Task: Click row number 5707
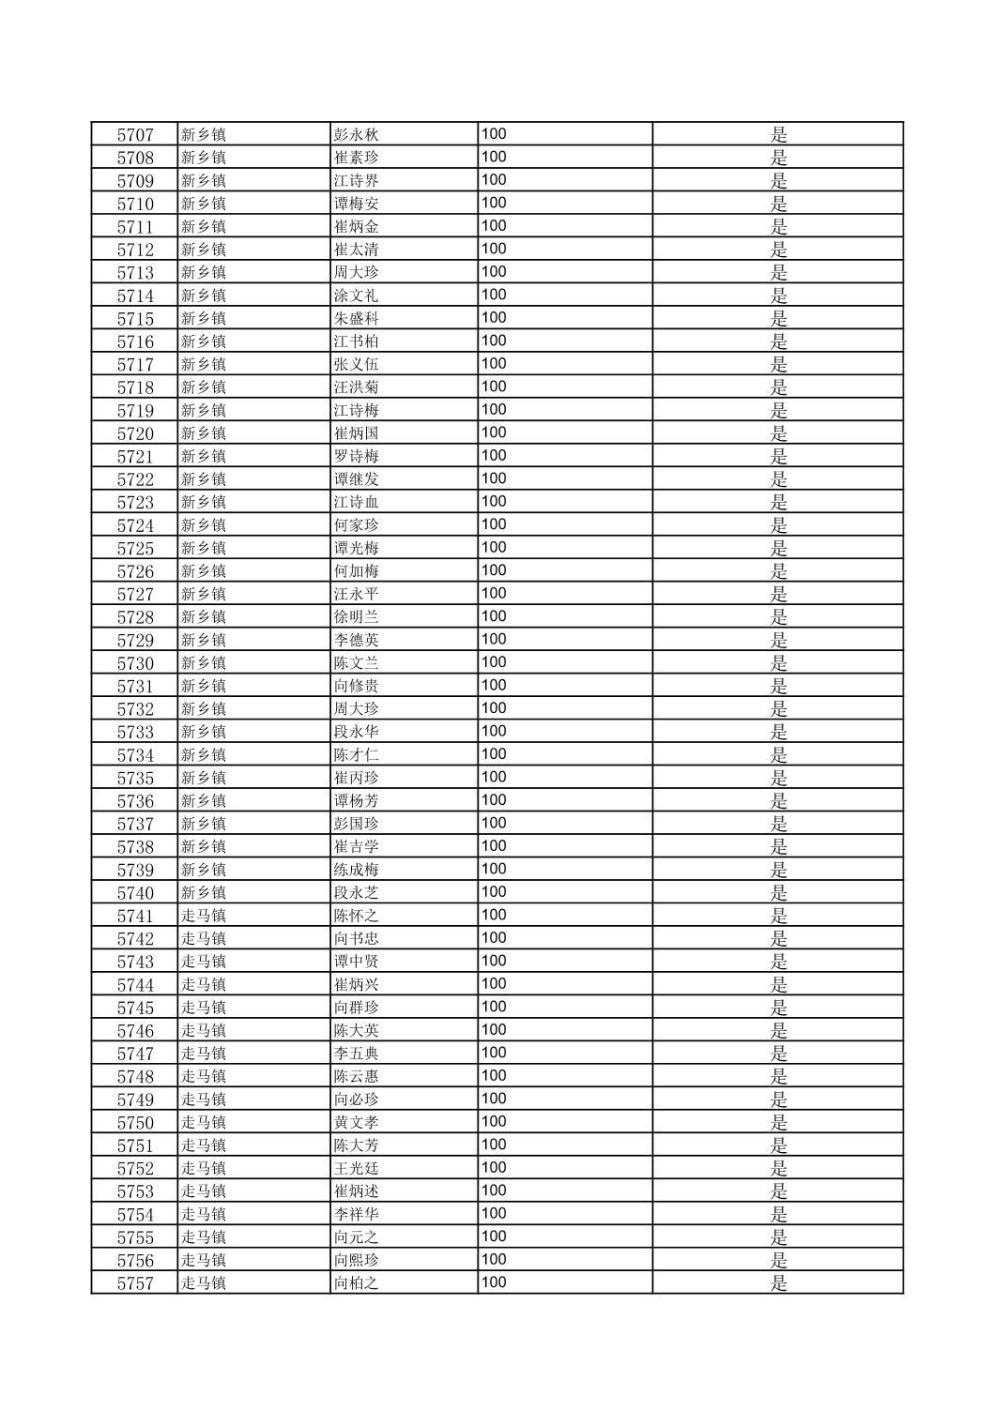coord(135,135)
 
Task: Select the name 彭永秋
coord(357,135)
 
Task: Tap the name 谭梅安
coord(357,204)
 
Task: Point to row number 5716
coord(135,341)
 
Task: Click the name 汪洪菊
coord(357,387)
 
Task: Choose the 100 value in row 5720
coord(494,432)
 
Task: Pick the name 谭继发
coord(357,479)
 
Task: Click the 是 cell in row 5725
coord(778,548)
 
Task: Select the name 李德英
coord(357,640)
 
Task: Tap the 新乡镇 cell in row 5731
coord(204,686)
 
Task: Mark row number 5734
coord(135,755)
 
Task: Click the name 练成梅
coord(357,870)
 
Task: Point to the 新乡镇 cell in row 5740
coord(204,893)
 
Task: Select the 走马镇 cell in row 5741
coord(204,916)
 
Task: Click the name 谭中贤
coord(357,962)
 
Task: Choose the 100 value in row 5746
coord(494,1030)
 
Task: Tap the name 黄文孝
coord(357,1122)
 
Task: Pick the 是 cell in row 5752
coord(778,1168)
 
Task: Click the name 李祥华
coord(357,1214)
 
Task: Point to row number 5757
coord(135,1283)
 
